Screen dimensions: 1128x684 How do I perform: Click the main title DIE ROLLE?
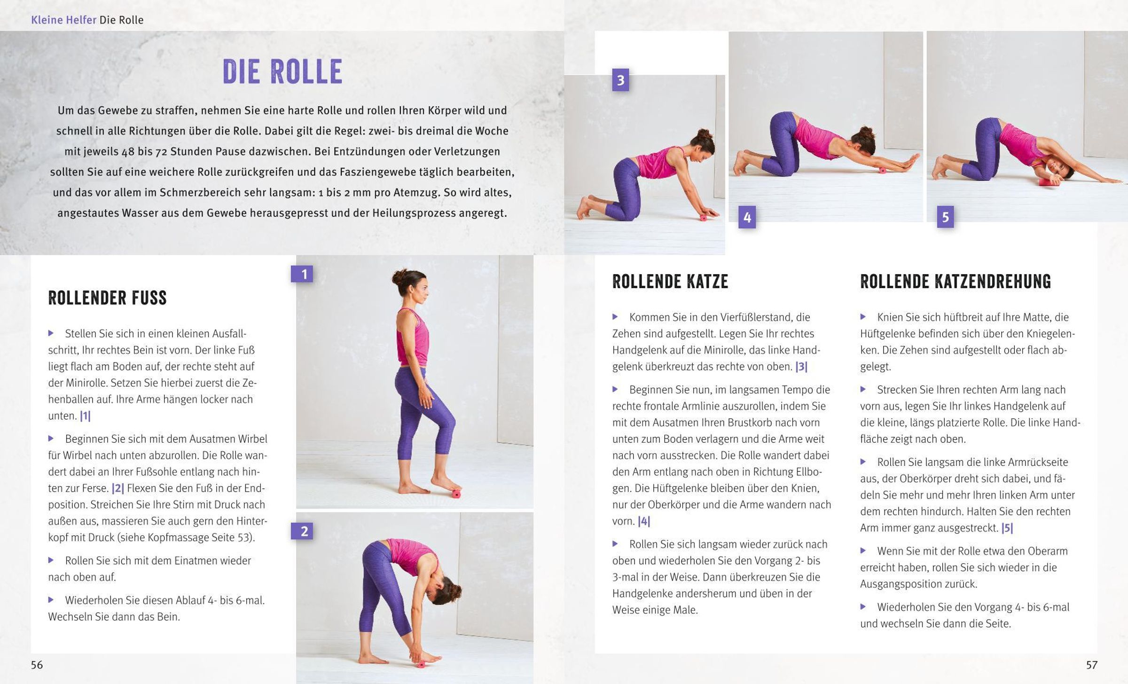[282, 72]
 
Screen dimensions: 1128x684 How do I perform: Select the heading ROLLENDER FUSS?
[107, 298]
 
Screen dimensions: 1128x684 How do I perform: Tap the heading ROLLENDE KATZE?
[670, 282]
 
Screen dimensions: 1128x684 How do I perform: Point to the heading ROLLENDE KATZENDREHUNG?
[956, 282]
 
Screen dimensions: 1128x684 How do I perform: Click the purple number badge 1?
[302, 274]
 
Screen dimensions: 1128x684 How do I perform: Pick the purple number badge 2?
[302, 531]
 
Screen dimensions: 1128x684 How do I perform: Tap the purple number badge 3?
[620, 80]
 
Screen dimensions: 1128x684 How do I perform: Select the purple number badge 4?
[747, 217]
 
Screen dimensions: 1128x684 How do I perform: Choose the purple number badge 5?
[945, 217]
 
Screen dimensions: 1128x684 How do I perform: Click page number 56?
[37, 665]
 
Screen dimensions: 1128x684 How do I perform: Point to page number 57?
[1091, 665]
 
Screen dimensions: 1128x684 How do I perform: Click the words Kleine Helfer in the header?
[63, 20]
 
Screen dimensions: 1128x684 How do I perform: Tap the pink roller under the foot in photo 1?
[456, 494]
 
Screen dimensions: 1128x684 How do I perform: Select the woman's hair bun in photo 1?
[398, 276]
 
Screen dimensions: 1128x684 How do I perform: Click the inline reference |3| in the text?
[801, 367]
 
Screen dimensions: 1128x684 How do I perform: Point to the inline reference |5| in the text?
[1007, 528]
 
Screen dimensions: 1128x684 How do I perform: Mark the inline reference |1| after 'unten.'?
[85, 416]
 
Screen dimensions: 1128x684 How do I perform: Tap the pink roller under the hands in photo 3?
[704, 218]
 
